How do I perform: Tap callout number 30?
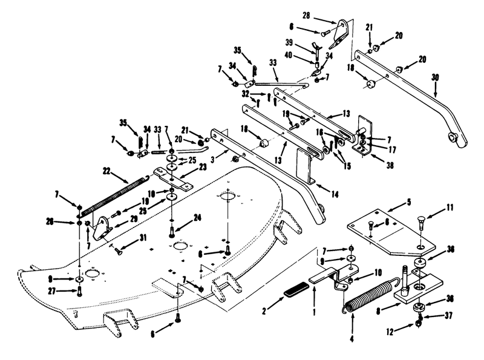click(x=434, y=77)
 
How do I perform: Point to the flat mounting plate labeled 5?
click(x=387, y=230)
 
